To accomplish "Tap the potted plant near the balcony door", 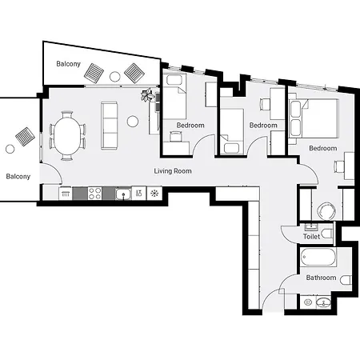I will point(148,96).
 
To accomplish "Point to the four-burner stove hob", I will point(94,193).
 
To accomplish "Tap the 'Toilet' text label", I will point(312,238).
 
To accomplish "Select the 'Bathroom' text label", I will point(322,278).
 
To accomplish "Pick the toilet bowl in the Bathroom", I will point(344,280).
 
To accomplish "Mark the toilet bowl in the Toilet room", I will point(324,212).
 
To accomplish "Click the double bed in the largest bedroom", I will point(316,118).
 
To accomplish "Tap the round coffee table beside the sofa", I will point(132,122).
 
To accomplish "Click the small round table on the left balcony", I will point(10,148).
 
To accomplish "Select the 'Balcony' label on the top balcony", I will point(68,64).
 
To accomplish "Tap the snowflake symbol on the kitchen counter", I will point(154,193).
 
